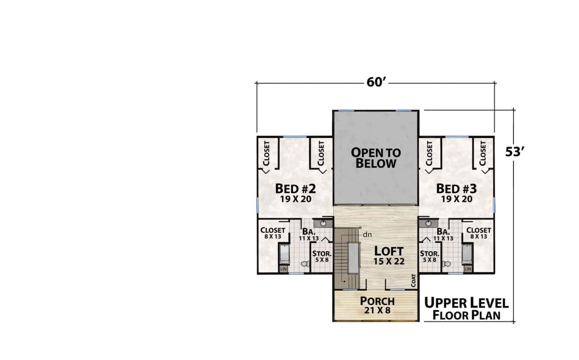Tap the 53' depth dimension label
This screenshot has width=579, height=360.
514,152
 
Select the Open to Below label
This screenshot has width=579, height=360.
376,158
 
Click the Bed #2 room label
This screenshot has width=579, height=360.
296,192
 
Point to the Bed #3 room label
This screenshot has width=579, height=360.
456,192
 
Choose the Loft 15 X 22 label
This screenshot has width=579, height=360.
389,256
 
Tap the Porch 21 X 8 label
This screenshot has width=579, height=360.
378,305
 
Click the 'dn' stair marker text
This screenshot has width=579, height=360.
368,235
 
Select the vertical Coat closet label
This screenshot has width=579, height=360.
413,280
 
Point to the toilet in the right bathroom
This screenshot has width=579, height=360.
446,264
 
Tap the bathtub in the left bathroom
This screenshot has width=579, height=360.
284,254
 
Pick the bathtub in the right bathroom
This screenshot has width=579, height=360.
468,254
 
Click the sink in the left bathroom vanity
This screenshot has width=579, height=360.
323,223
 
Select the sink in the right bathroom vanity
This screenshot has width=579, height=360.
429,223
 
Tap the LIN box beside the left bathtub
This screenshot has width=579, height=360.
283,269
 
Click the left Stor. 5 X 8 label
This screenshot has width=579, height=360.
322,256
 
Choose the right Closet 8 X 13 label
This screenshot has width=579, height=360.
479,233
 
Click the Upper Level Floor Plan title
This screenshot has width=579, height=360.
466,309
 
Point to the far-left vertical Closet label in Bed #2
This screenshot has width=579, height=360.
267,153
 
